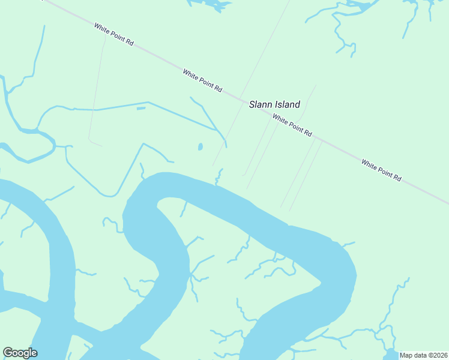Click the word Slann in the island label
tap(261, 104)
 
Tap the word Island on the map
tap(286, 104)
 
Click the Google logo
tap(20, 353)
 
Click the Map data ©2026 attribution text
tap(423, 355)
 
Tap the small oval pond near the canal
tap(200, 146)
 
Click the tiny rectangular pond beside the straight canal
tap(141, 109)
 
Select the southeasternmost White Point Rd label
tap(381, 170)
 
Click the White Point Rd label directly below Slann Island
tap(292, 125)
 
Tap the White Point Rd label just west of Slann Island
tap(202, 80)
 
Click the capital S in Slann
tap(252, 104)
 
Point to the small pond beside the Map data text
tap(390, 353)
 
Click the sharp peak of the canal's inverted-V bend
tap(143, 144)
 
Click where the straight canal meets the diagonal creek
tap(217, 129)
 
